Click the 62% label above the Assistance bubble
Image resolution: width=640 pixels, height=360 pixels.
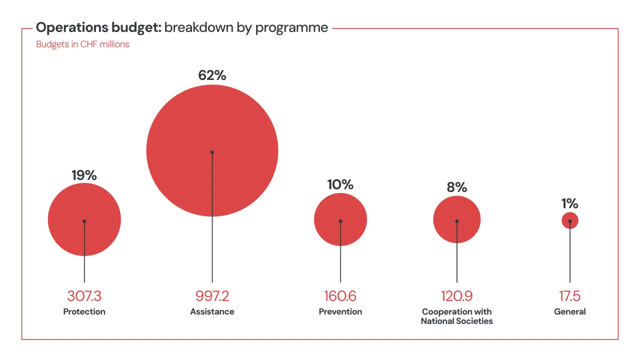pyautogui.click(x=212, y=75)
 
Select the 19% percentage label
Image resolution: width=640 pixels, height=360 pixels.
pyautogui.click(x=84, y=175)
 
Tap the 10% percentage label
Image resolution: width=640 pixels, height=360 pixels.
pyautogui.click(x=340, y=184)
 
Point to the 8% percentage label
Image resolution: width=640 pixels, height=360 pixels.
pyautogui.click(x=456, y=187)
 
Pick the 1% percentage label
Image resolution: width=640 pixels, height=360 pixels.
pyautogui.click(x=569, y=203)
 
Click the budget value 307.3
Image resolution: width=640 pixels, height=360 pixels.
pyautogui.click(x=84, y=296)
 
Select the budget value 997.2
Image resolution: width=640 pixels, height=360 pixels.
pyautogui.click(x=212, y=296)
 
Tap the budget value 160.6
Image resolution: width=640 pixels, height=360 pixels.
pyautogui.click(x=340, y=296)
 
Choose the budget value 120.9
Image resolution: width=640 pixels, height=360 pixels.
pyautogui.click(x=456, y=296)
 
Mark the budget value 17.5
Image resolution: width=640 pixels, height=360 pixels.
pyautogui.click(x=569, y=296)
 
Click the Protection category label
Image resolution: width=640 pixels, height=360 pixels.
pyautogui.click(x=84, y=311)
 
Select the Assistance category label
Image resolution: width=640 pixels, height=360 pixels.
pyautogui.click(x=212, y=311)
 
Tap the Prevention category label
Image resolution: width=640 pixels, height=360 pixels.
pyautogui.click(x=340, y=311)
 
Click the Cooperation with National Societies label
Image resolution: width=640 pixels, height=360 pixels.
pyautogui.click(x=456, y=316)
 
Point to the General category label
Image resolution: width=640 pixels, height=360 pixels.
pyautogui.click(x=569, y=311)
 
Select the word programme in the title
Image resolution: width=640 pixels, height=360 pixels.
pyautogui.click(x=291, y=28)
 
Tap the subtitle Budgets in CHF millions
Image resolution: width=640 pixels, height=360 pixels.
pyautogui.click(x=82, y=44)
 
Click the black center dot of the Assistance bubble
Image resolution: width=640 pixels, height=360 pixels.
pyautogui.click(x=212, y=152)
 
